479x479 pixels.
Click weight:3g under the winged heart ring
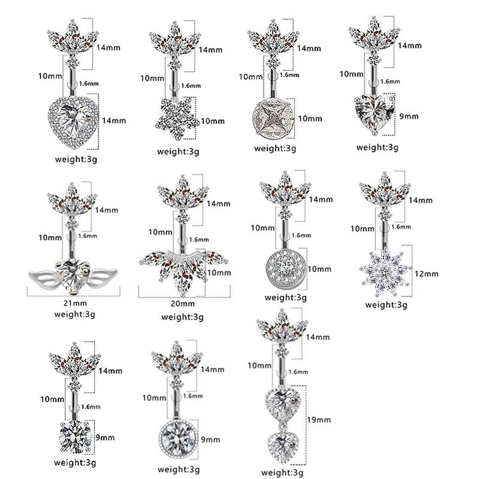click(x=75, y=314)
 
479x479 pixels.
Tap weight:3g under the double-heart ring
click(x=283, y=472)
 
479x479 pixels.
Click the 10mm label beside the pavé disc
click(x=320, y=269)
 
